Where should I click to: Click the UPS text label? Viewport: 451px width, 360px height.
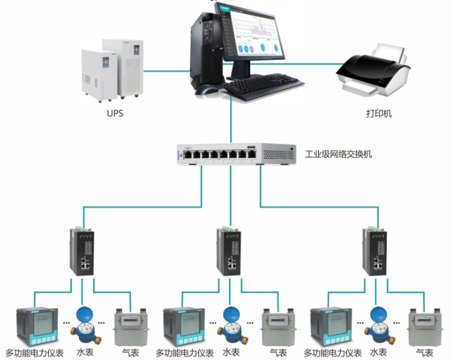115,114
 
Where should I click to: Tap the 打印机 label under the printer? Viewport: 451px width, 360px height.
379,114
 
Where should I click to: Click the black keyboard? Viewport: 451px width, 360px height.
263,84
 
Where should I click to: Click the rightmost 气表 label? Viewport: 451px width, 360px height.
424,353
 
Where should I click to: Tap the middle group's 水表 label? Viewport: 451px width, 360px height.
231,352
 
